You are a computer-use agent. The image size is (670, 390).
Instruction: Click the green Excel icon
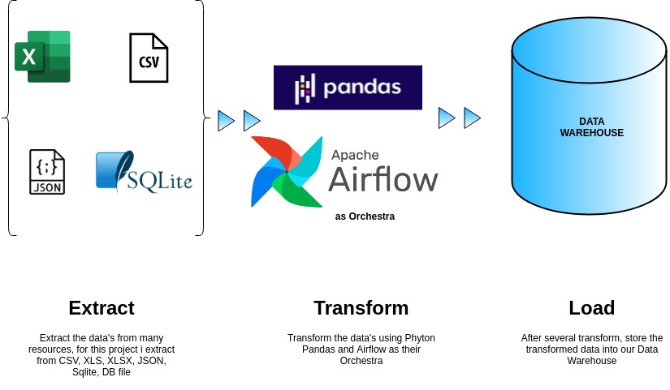point(43,56)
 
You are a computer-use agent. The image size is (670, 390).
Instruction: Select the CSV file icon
point(149,58)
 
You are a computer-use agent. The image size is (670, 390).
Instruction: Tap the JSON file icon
point(46,172)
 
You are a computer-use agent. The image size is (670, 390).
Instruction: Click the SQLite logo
point(144,172)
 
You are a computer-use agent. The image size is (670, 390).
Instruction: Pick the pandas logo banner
point(348,87)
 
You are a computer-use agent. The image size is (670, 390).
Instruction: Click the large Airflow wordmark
point(383,178)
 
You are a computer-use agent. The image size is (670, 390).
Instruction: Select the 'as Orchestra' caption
point(365,216)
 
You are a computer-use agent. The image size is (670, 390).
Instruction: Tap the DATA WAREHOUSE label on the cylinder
point(591,127)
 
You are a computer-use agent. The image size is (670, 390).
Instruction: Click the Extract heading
point(102,308)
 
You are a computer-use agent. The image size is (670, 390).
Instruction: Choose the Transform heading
point(361,308)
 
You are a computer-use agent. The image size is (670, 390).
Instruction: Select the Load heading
point(591,308)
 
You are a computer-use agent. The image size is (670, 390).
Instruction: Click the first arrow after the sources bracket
point(226,122)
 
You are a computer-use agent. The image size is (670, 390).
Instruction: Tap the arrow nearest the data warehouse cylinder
point(472,118)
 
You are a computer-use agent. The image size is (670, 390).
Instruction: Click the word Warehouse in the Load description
point(591,361)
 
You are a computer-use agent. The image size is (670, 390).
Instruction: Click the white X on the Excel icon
point(29,58)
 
